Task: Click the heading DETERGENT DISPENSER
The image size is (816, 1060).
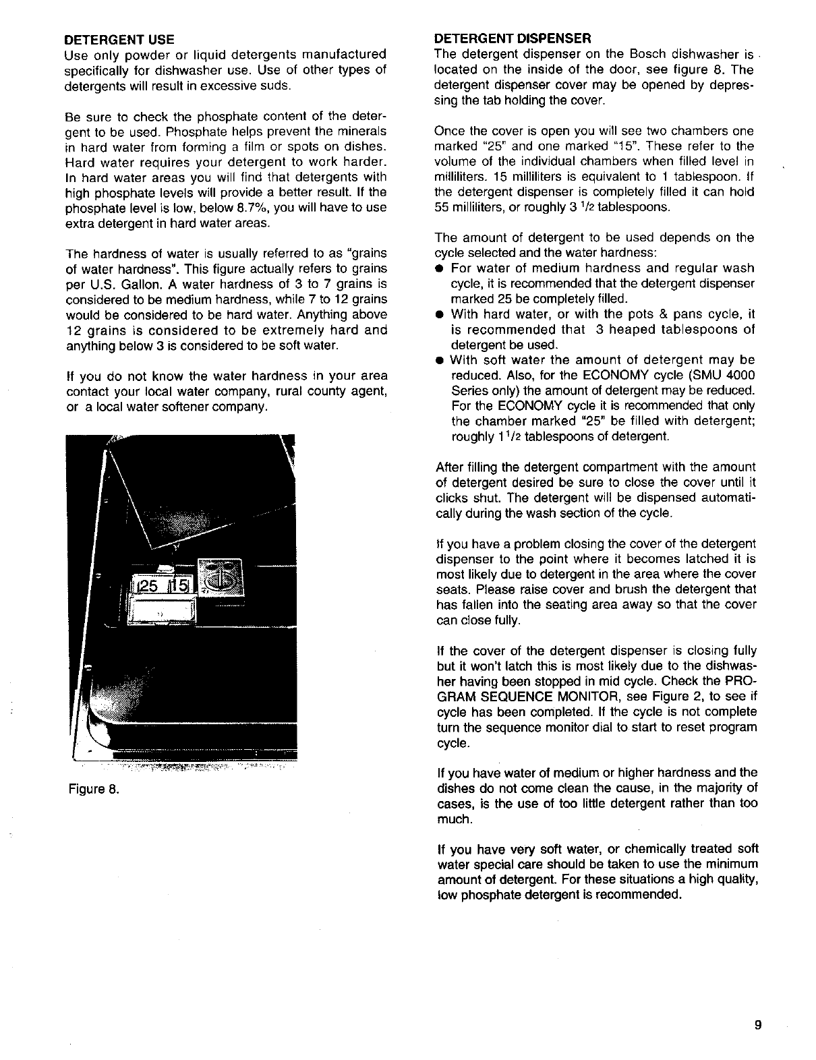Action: coord(513,38)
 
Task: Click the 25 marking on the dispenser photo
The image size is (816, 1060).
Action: coord(150,587)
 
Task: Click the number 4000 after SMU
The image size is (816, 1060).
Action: coord(740,376)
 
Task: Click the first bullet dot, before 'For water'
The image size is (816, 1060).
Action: coord(439,269)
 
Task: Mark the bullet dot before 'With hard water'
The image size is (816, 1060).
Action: coord(439,315)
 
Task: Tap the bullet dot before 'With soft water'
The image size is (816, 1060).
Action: coord(439,360)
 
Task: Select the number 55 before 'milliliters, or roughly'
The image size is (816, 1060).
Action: coord(443,207)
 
